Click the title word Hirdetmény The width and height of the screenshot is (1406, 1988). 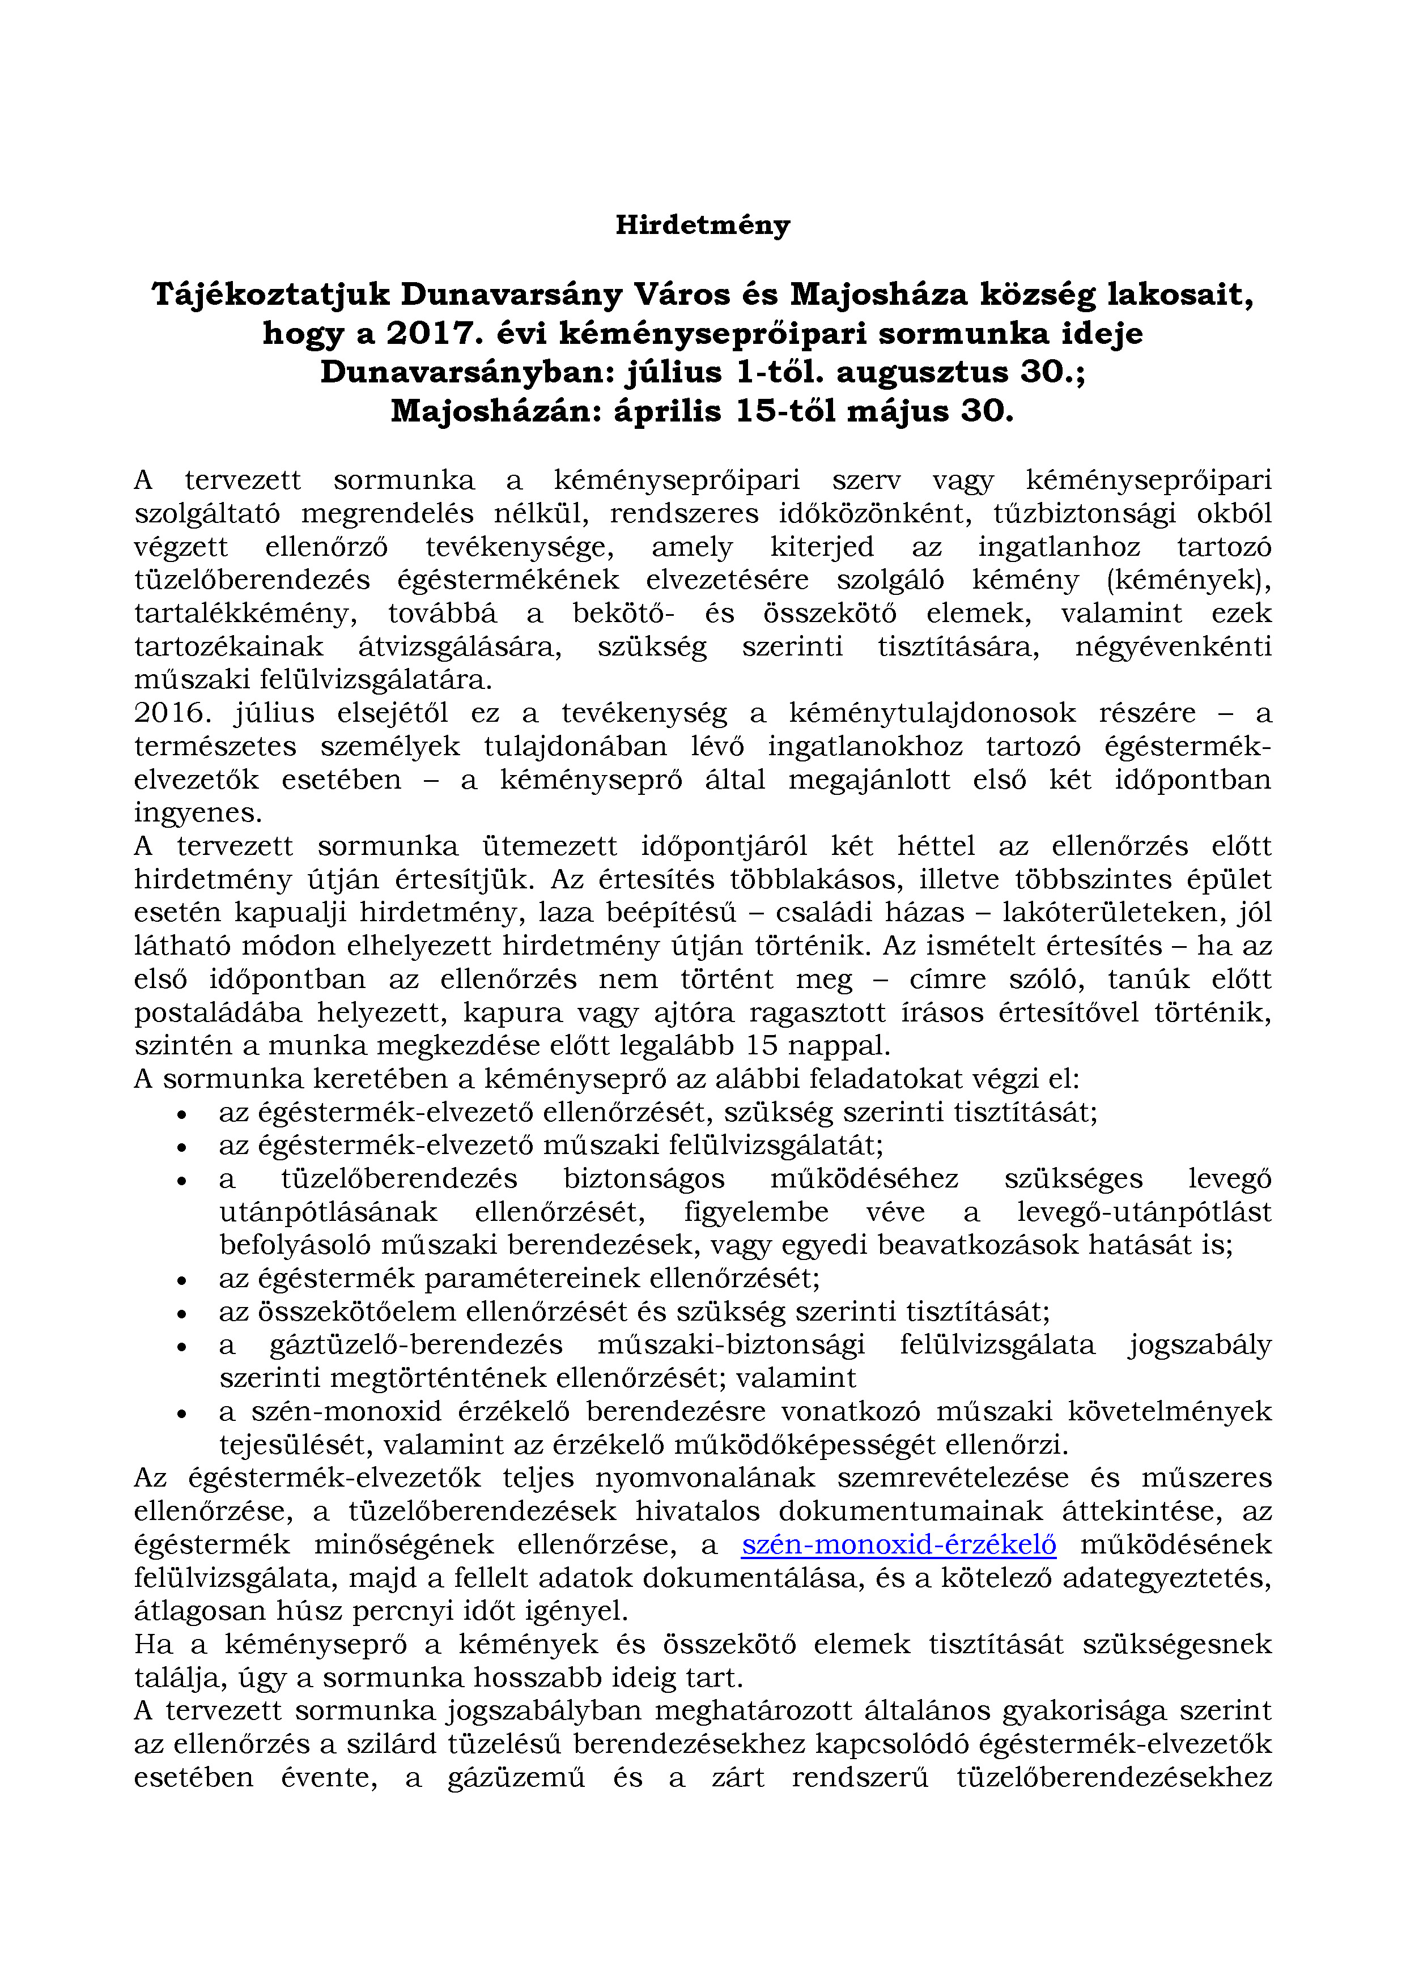(703, 225)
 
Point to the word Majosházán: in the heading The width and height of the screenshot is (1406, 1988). (496, 410)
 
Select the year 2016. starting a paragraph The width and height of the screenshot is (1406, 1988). (173, 713)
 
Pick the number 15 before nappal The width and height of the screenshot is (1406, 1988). (762, 1045)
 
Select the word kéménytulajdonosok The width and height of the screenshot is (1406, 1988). (932, 713)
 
